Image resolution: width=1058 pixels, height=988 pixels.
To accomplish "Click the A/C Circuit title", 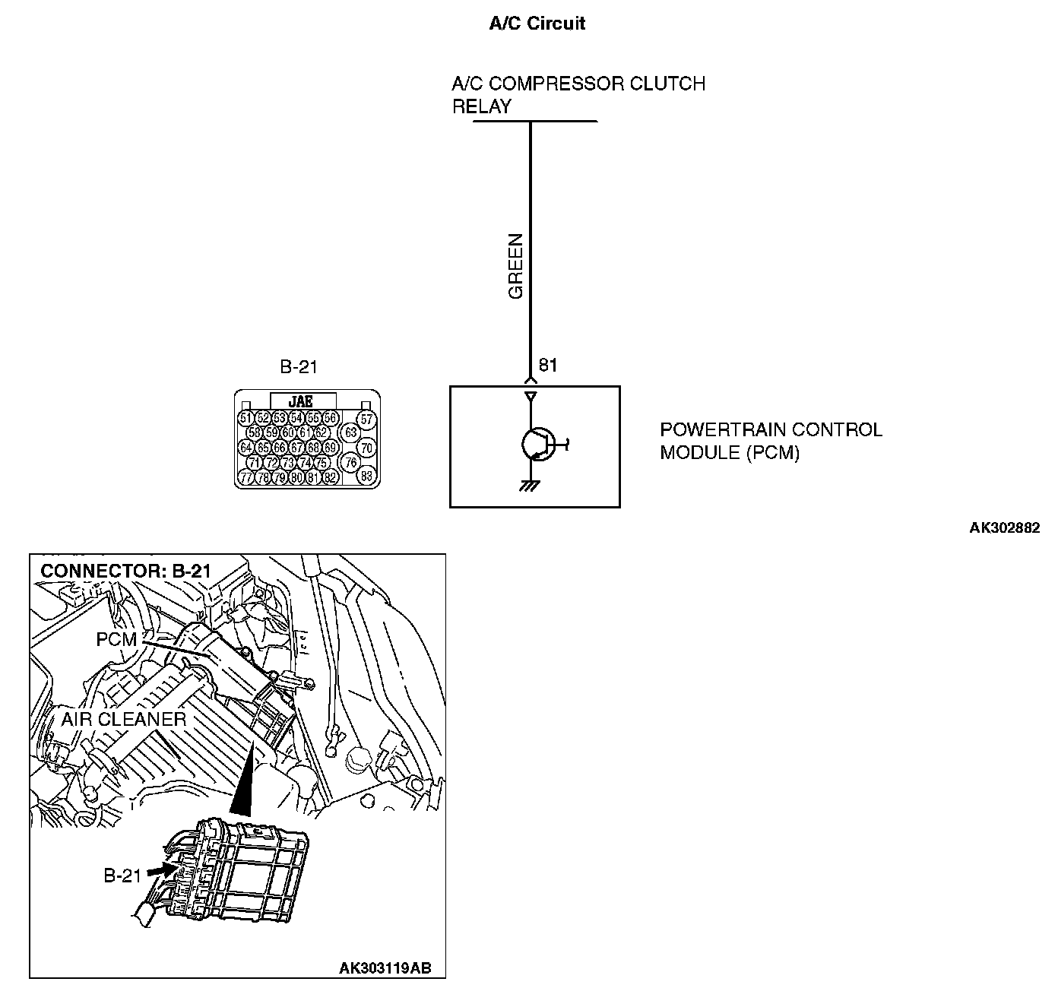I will (537, 23).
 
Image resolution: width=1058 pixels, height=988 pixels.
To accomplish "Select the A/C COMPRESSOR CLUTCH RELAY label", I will (578, 94).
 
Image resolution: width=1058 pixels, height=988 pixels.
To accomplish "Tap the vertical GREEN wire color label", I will (517, 265).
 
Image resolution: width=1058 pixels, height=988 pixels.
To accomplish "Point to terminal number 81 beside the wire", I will (548, 365).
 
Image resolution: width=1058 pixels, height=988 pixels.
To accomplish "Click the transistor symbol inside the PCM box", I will (538, 445).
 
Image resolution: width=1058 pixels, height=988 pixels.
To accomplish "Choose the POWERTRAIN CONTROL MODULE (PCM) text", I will (770, 441).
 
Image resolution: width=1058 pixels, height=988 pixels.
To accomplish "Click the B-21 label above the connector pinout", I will (298, 367).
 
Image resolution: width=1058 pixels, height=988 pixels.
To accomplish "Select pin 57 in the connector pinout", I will (366, 419).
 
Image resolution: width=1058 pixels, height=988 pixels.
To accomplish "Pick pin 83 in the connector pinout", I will (366, 477).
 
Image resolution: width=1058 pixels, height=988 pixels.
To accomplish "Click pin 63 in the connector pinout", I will (350, 432).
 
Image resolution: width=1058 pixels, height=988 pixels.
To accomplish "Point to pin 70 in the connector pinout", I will (366, 448).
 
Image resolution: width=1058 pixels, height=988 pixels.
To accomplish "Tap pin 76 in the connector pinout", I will (350, 462).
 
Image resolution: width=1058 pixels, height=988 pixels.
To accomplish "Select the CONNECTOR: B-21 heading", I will (125, 571).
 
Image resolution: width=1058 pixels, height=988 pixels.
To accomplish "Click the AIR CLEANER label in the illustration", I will (124, 719).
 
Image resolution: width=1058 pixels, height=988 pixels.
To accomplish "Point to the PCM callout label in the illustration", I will (116, 640).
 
